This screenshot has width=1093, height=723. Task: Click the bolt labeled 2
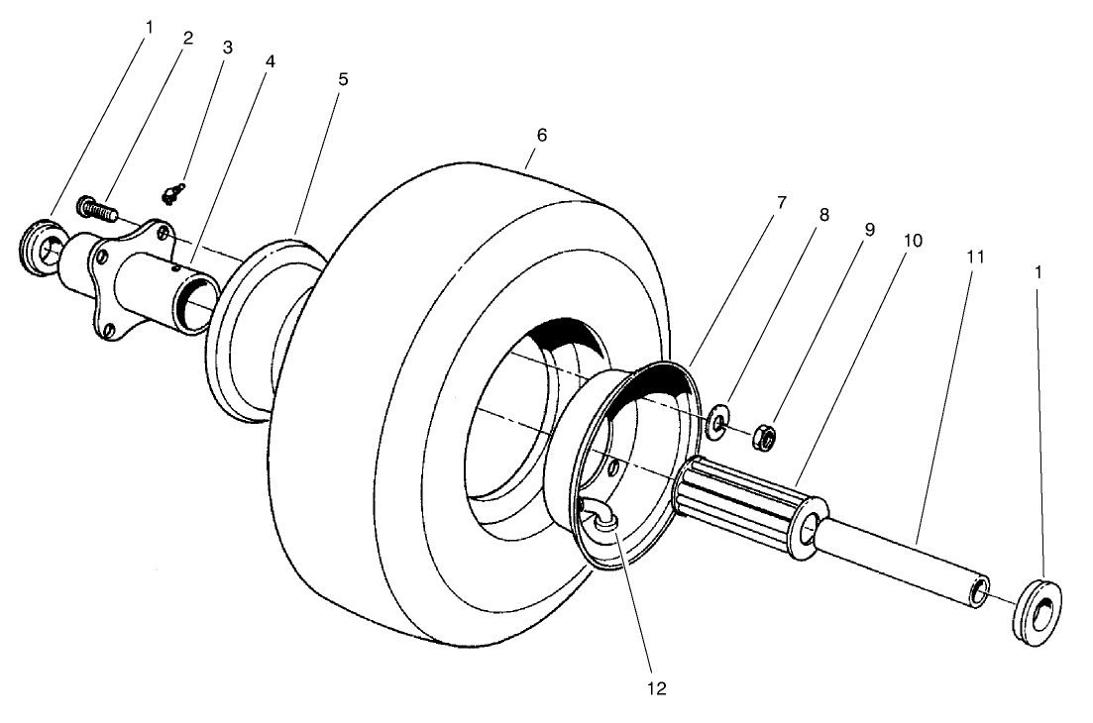(x=95, y=208)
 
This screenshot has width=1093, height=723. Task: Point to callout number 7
(x=781, y=202)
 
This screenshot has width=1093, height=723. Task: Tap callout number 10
(x=912, y=241)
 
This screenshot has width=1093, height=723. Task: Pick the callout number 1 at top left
(x=149, y=27)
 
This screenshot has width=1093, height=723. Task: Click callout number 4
(x=270, y=61)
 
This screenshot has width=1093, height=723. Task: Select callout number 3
(x=226, y=47)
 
